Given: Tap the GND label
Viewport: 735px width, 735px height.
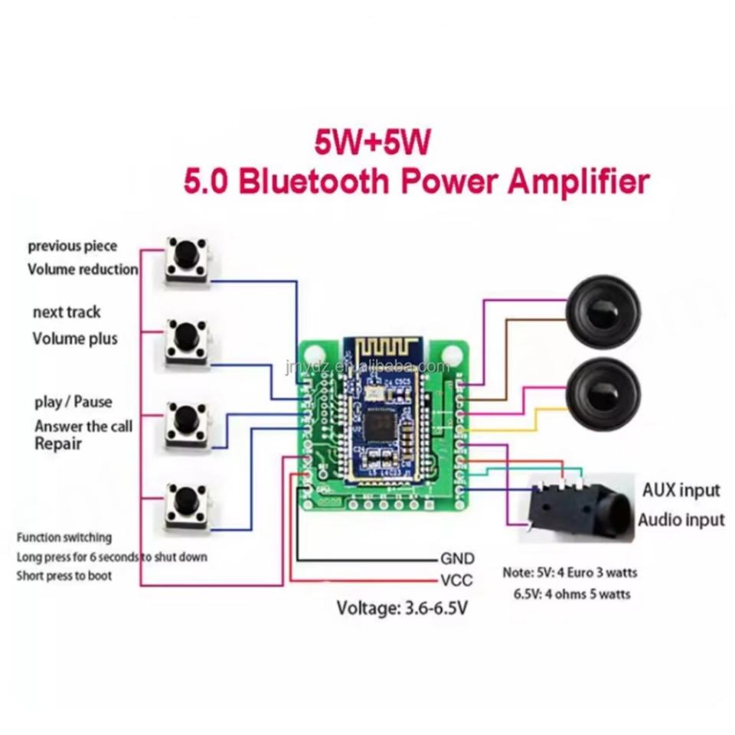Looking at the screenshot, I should [457, 558].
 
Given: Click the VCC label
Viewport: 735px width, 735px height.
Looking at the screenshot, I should [456, 580].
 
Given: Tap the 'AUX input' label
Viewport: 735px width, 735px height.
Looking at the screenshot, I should [681, 490].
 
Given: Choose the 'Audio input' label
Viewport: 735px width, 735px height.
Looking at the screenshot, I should [681, 521].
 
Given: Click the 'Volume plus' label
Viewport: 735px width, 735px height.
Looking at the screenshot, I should [75, 338].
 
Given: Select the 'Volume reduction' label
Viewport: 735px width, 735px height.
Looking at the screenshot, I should [83, 269].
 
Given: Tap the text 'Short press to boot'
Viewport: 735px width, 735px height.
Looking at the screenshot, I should [64, 576].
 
